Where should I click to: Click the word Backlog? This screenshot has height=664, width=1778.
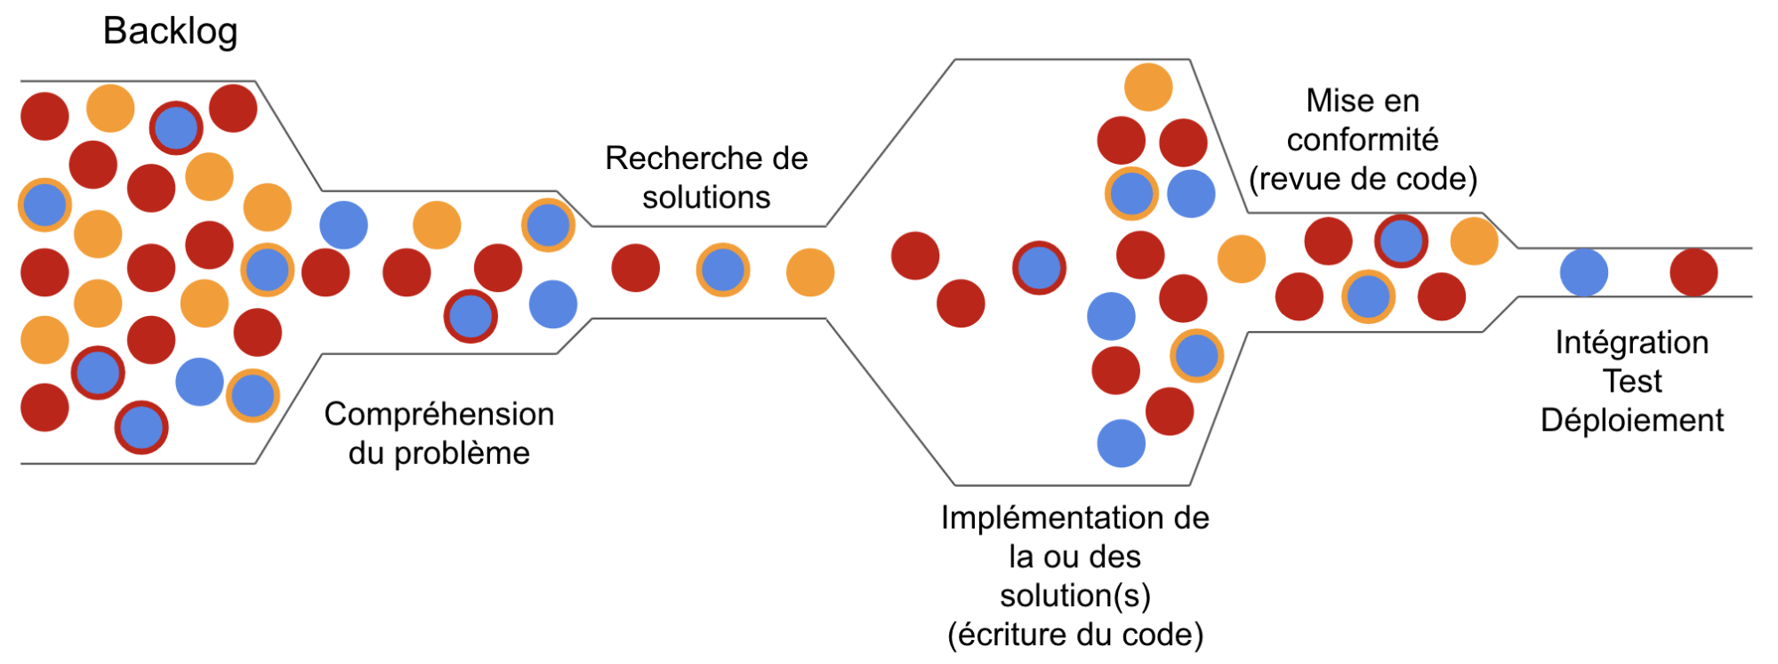[170, 31]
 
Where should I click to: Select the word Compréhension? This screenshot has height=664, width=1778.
[438, 415]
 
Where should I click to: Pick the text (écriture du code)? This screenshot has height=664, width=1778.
[1074, 636]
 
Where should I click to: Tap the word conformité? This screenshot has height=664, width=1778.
[1362, 140]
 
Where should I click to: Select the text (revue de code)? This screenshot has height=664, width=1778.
[1363, 179]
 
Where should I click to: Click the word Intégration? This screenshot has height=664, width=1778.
[1631, 343]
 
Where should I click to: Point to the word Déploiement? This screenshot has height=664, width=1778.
[1631, 420]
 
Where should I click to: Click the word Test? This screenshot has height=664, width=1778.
[1632, 382]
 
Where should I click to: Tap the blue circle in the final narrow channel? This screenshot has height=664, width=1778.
[1583, 272]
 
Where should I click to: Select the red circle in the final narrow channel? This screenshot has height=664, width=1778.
[1693, 272]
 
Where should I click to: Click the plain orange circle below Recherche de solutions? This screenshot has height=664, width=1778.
[809, 272]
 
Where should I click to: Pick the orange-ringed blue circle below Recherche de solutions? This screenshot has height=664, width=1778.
[722, 270]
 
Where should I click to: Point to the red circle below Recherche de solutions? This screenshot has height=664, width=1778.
[635, 268]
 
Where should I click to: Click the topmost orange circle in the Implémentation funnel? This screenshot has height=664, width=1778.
[1147, 87]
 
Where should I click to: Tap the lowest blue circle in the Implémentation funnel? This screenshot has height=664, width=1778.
[1121, 443]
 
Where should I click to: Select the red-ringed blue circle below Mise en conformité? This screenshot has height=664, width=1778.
[1401, 240]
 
